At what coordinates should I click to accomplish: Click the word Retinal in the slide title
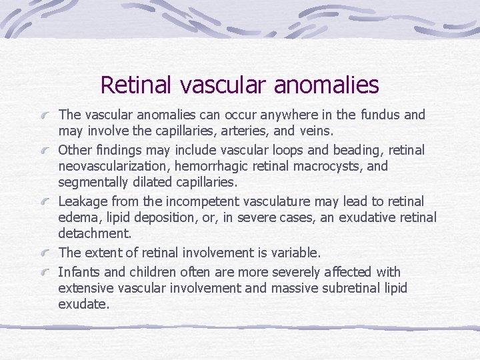coord(134,85)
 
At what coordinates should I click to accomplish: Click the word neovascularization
coord(114,166)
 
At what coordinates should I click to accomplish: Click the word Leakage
coord(83,201)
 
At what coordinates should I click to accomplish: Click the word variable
coord(291,253)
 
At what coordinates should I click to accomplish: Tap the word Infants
coord(77,273)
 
